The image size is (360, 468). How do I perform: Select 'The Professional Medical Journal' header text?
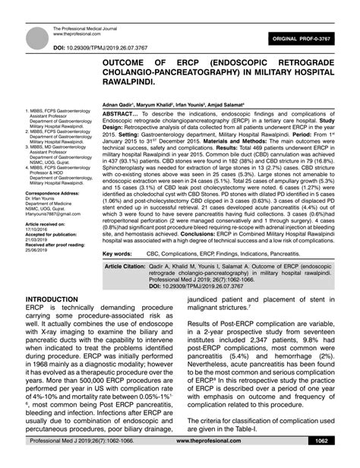click(88, 29)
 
